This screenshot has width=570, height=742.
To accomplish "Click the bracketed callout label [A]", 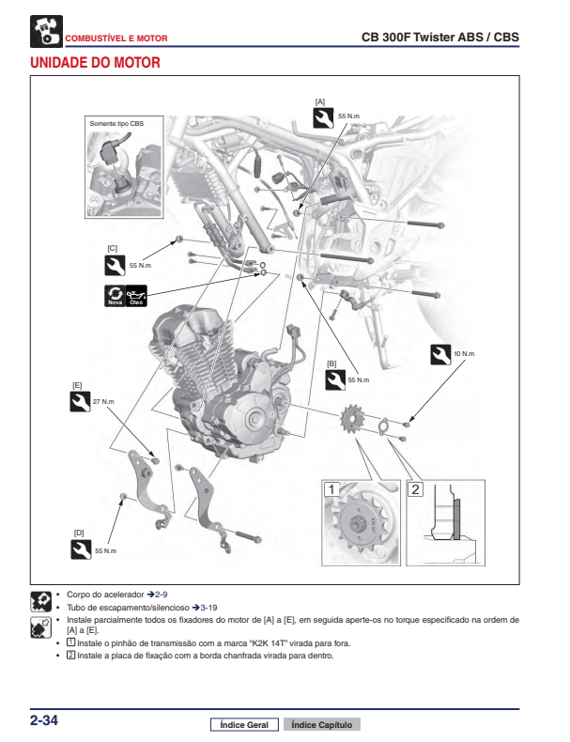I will click(320, 100).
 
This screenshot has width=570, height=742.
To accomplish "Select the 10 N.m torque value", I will click(464, 354).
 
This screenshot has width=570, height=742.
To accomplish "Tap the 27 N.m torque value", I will click(103, 402).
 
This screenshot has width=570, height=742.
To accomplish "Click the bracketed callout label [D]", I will click(79, 533).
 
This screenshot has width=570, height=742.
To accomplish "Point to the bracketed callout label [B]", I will click(331, 363).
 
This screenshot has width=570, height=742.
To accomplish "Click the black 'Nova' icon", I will click(115, 296).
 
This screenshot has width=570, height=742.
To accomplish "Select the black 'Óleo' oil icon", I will click(136, 296).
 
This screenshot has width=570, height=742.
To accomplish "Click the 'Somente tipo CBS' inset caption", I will click(117, 123).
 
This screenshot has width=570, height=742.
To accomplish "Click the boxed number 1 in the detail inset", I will click(331, 488).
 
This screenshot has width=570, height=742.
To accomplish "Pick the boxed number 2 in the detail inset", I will click(416, 488).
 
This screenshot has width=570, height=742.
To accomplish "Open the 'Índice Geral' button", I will click(244, 725).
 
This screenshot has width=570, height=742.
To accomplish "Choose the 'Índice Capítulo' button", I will click(321, 725).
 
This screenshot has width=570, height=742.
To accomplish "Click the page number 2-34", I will click(44, 720).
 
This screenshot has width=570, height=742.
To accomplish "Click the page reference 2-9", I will click(162, 595).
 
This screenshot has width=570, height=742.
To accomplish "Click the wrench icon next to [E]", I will click(81, 402).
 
